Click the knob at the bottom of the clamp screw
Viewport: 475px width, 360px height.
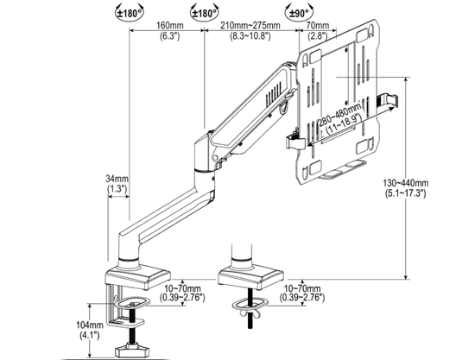(x=134, y=351)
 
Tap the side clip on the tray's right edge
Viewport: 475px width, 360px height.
(x=388, y=104)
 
